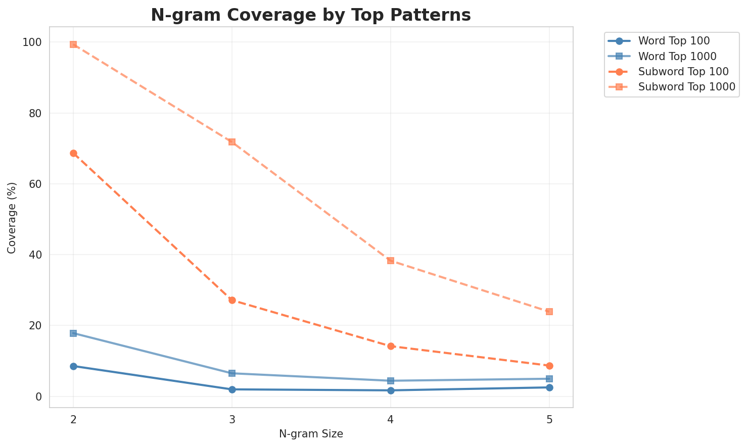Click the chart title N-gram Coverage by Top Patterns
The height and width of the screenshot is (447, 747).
pos(311,15)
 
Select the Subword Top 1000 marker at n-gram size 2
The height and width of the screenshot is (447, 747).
pos(73,44)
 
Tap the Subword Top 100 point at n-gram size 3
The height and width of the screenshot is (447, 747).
pos(232,300)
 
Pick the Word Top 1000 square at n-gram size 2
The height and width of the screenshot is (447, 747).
pos(73,333)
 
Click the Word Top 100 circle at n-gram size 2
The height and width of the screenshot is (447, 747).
pos(73,366)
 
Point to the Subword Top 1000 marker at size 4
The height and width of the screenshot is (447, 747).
pos(391,261)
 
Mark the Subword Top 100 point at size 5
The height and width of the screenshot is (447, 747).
pos(549,366)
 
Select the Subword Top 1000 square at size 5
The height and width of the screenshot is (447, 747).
pos(549,312)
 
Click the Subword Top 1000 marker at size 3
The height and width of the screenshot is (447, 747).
pos(232,142)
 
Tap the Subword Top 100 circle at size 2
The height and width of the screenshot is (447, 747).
pos(73,153)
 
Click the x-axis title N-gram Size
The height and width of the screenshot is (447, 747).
pos(311,434)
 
